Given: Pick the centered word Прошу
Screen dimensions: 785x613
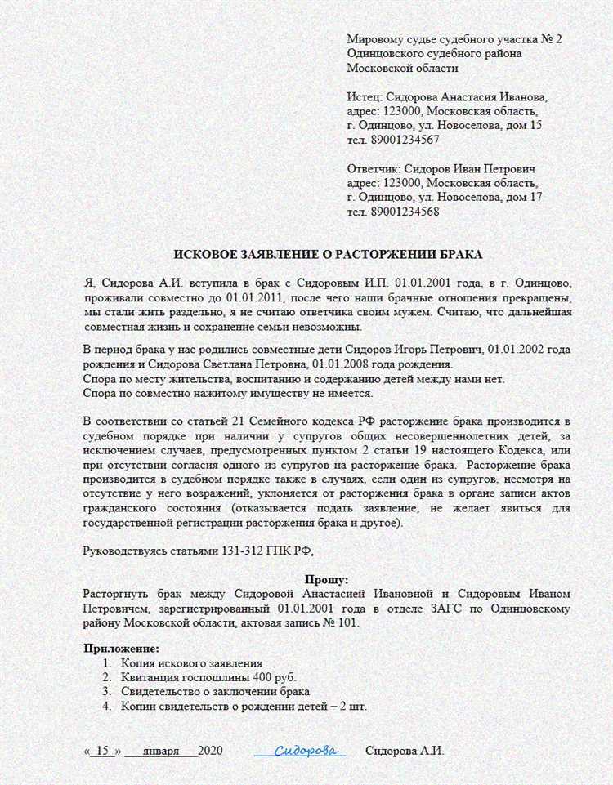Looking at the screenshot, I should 326,578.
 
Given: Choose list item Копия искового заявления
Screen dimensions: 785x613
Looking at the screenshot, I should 191,662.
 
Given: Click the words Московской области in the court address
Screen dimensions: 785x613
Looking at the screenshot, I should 402,68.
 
